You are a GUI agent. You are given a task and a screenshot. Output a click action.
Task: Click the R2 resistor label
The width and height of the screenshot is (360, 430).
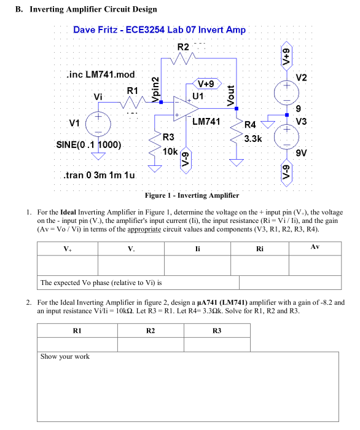click(x=183, y=48)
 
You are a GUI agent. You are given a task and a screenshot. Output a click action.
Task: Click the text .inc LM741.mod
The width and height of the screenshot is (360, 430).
click(x=100, y=74)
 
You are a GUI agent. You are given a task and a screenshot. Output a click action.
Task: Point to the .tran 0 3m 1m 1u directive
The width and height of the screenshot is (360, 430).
click(x=99, y=176)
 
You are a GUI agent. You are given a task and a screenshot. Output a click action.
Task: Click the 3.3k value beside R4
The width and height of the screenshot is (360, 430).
click(x=253, y=139)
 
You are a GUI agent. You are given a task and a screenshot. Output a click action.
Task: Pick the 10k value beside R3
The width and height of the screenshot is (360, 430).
click(x=170, y=150)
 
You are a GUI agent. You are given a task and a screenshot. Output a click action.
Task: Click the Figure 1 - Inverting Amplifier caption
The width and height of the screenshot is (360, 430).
click(x=192, y=195)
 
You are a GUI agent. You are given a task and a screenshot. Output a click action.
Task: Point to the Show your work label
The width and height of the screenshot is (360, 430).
click(x=65, y=356)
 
